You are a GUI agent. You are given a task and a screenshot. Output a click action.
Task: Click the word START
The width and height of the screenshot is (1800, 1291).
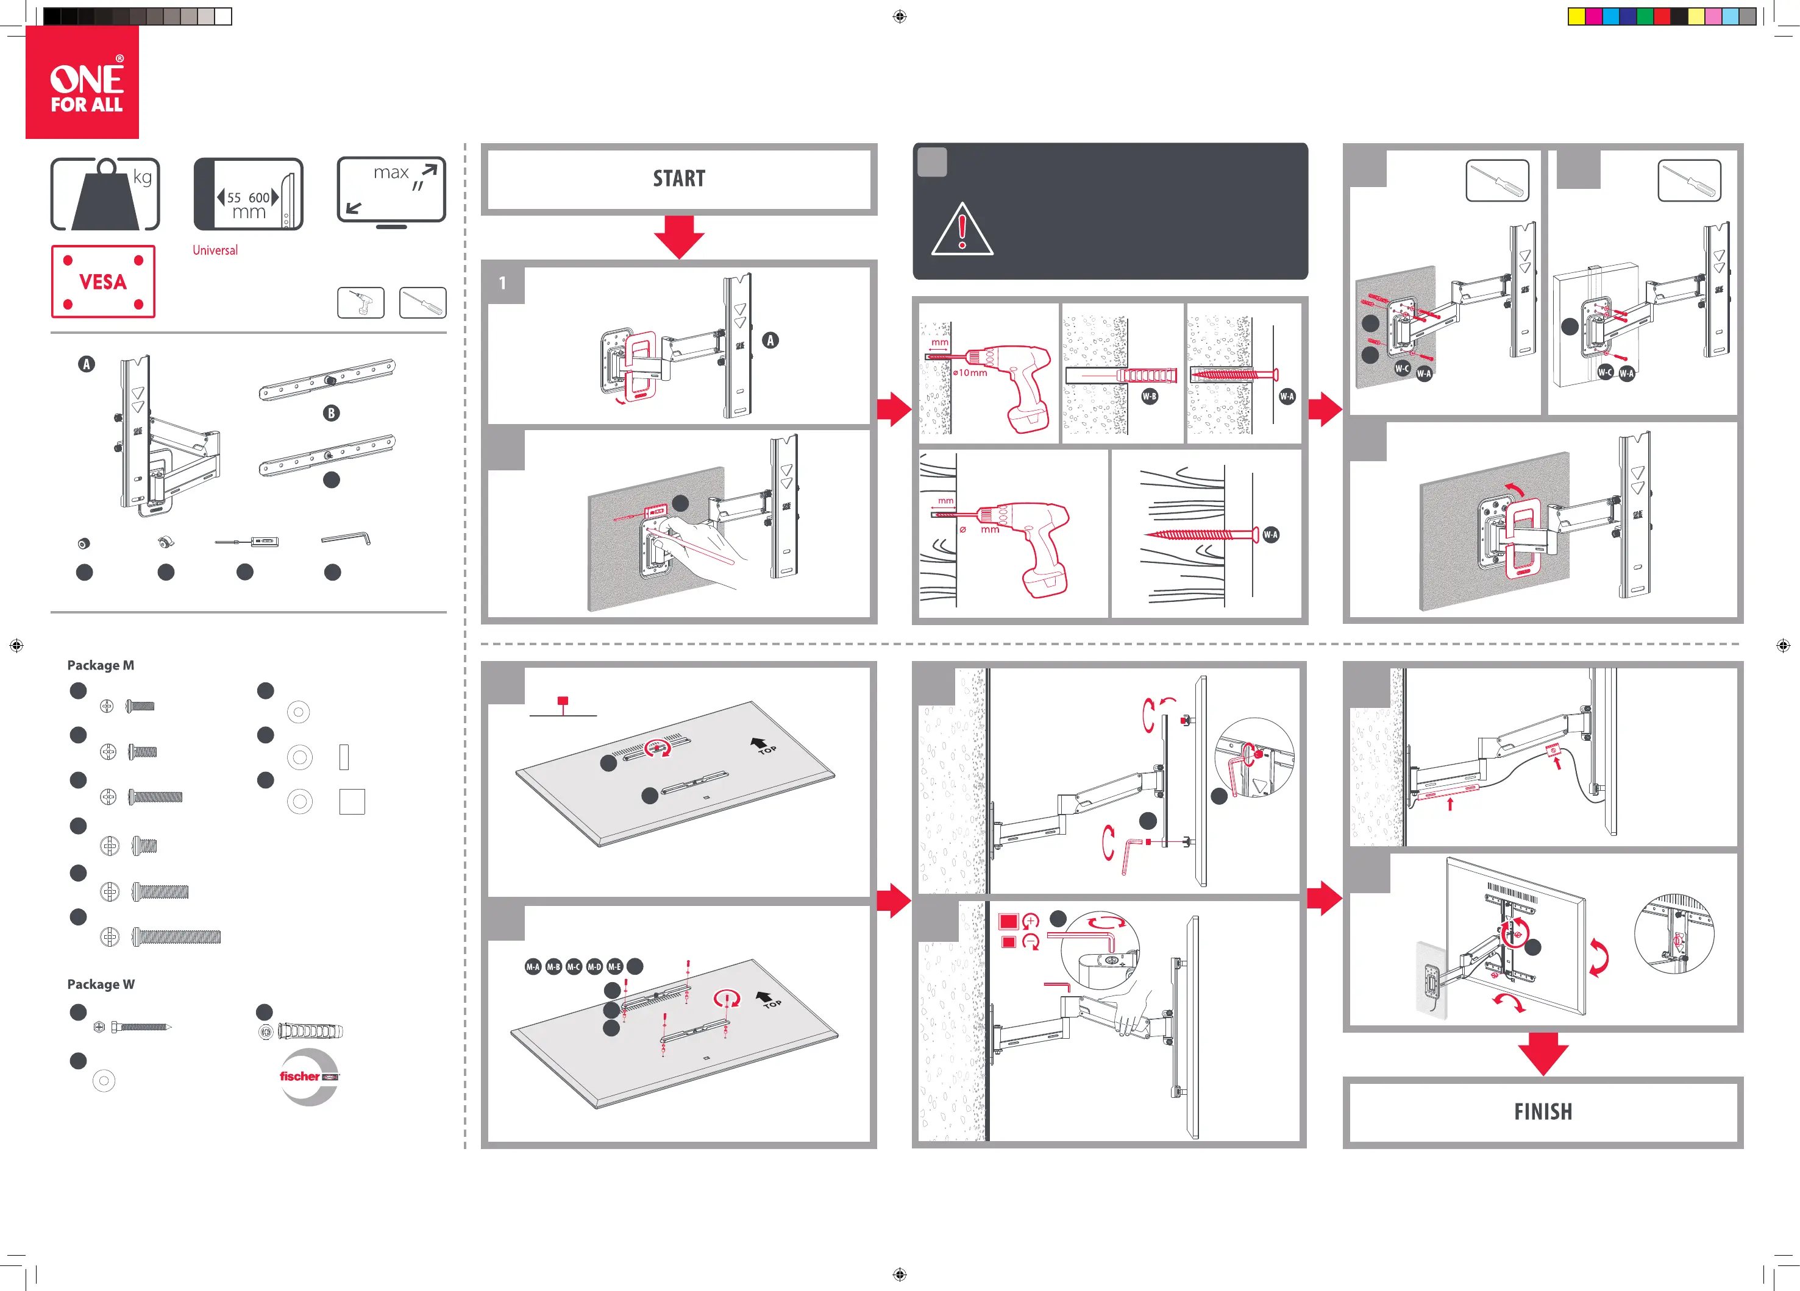coord(678,179)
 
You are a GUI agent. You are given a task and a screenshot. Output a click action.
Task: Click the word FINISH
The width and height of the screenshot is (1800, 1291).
coord(1542,1112)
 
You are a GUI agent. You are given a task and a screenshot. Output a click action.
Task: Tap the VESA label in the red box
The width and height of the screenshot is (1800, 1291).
coord(103,281)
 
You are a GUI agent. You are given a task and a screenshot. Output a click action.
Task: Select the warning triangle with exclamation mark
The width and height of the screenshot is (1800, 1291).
coord(962,230)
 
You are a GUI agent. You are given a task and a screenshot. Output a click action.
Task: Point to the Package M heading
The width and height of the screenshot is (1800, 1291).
coord(101,665)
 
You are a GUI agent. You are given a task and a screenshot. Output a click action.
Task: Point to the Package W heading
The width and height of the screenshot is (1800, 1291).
coord(101,984)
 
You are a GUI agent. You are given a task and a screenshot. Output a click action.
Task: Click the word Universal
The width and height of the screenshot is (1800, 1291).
coord(215,250)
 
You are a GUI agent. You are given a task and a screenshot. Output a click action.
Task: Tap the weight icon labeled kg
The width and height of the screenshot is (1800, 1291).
coord(105,194)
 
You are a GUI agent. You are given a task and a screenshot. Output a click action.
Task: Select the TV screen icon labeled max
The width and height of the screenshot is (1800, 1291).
coord(391,191)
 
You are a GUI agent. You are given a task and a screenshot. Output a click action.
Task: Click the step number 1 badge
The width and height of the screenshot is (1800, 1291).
coord(502,283)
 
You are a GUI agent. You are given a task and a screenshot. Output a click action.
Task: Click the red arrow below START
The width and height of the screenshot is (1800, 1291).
coord(678,236)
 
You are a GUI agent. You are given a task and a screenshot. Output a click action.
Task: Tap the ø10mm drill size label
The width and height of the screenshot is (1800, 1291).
coord(970,372)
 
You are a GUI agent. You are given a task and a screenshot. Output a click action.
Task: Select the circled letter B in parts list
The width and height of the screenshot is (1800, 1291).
coord(332,412)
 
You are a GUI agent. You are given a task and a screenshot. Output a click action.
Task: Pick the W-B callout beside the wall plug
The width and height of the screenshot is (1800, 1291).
coord(1149,396)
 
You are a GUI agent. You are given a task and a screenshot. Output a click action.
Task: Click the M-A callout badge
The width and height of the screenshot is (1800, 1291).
coord(533,966)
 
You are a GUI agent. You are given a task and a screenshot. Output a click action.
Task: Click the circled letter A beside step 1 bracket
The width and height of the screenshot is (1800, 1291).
coord(770,341)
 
